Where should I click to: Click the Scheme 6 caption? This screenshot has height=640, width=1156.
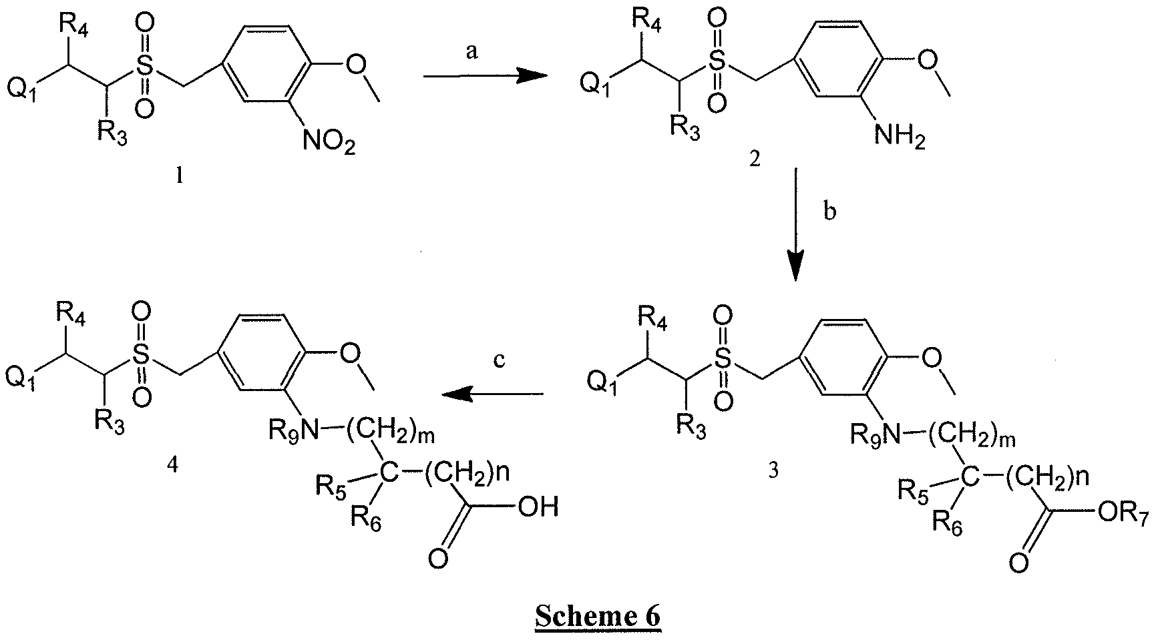click(598, 616)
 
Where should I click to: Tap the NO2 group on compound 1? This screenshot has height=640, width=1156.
click(328, 141)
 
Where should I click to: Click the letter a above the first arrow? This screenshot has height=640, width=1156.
click(472, 52)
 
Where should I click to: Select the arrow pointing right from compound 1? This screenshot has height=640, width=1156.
click(486, 77)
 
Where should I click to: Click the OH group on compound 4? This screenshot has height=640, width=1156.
click(538, 508)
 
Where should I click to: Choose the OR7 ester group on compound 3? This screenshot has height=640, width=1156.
click(1120, 514)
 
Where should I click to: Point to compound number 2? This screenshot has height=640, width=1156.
click(755, 160)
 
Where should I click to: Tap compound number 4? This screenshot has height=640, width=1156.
click(172, 465)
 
